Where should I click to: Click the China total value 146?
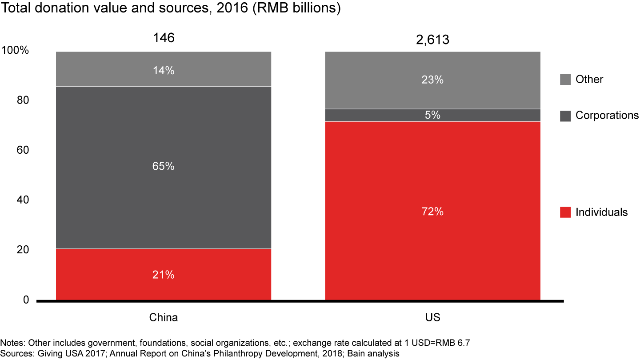(163, 38)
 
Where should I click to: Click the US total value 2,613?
(432, 40)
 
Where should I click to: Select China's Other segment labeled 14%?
(163, 70)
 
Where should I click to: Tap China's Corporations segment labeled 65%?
(163, 167)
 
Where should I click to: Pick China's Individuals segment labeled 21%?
(163, 275)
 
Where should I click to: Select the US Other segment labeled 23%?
(432, 80)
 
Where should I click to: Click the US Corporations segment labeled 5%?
(432, 115)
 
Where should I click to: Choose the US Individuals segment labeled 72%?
(432, 212)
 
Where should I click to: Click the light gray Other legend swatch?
(565, 80)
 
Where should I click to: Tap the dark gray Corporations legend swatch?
(565, 116)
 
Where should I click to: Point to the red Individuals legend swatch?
(565, 212)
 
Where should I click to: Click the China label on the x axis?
(163, 318)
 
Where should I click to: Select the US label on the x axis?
(432, 318)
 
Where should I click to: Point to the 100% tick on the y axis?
(15, 51)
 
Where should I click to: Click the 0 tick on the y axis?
(26, 300)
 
